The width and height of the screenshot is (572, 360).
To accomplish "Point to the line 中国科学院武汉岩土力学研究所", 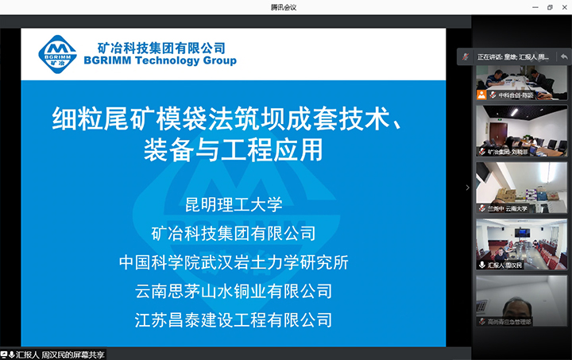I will (x=234, y=262).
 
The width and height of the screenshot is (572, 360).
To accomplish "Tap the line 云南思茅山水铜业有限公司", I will (x=234, y=291).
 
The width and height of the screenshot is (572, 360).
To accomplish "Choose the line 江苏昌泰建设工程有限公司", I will (x=234, y=319).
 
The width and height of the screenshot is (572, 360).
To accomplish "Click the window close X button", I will (x=562, y=7).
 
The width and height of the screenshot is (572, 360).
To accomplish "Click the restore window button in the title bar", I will (x=549, y=7).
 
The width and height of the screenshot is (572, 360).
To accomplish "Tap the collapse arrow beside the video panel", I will (x=467, y=188).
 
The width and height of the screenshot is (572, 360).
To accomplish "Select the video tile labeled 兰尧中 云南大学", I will (x=521, y=188).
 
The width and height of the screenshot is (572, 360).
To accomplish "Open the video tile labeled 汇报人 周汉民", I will (x=521, y=243).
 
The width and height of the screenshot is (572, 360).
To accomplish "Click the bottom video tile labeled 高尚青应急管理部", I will (x=521, y=300).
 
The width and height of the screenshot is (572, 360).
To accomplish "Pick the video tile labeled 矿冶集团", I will (x=521, y=131).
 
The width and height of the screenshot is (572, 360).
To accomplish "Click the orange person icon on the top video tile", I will (x=481, y=94).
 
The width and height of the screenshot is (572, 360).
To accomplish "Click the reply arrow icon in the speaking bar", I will (x=562, y=57).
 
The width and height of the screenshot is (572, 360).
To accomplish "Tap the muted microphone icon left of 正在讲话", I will (x=468, y=57).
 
